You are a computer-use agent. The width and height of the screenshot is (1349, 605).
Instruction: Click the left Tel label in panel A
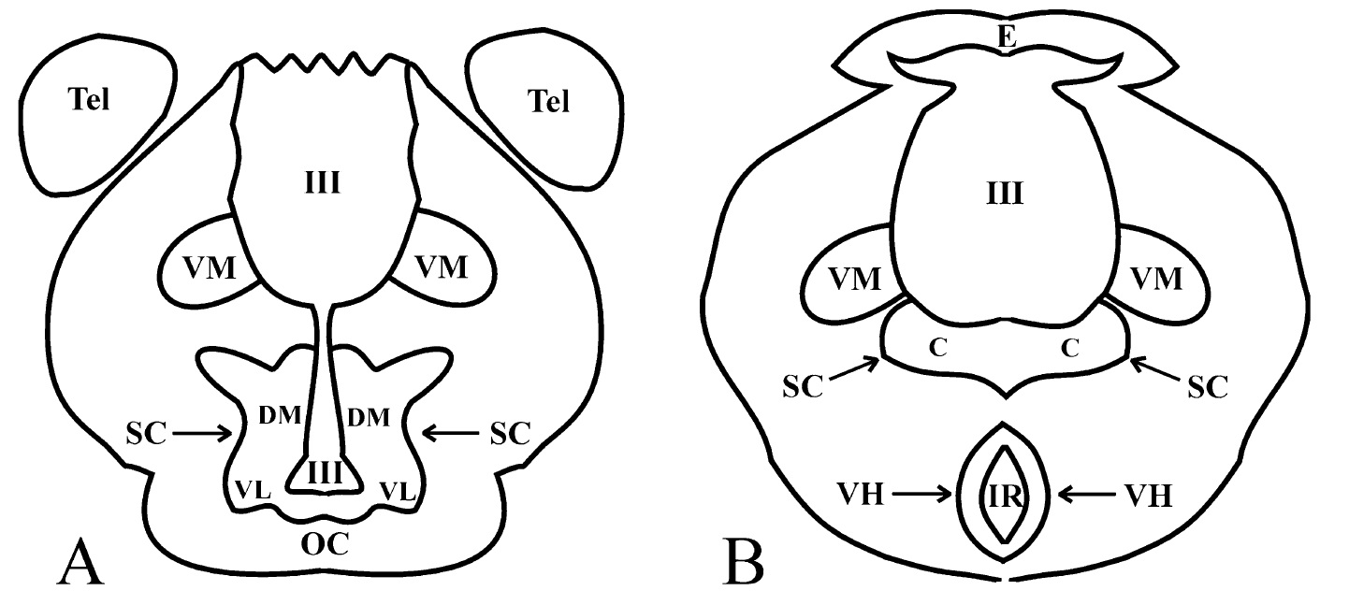[x=90, y=99]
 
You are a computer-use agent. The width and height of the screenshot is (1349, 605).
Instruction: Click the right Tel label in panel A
[x=548, y=101]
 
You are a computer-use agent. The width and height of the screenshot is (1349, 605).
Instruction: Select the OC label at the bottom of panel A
[x=325, y=544]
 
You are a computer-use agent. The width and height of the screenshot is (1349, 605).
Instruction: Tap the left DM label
[x=280, y=415]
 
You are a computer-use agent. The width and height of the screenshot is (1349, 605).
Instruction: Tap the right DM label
[x=369, y=417]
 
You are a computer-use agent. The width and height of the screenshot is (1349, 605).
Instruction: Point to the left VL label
[x=253, y=490]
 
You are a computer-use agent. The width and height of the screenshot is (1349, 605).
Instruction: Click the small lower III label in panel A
[x=326, y=472]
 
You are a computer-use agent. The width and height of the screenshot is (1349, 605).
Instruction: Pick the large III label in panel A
[x=323, y=182]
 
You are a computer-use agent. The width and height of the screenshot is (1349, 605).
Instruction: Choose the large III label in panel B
[x=1005, y=194]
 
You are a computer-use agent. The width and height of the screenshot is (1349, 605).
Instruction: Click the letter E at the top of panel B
[x=1007, y=36]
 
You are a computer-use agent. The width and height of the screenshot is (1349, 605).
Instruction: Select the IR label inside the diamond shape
[x=1005, y=497]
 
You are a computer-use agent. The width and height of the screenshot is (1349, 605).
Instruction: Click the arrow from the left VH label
[x=922, y=495]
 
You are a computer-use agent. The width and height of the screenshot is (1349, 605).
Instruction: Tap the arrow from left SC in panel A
[x=202, y=432]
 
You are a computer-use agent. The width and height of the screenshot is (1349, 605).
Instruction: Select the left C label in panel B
[x=938, y=347]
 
